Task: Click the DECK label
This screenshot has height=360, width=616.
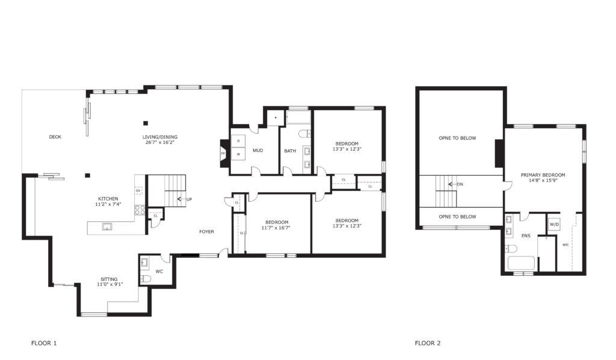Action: [55, 137]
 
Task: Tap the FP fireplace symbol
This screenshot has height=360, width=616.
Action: [223, 154]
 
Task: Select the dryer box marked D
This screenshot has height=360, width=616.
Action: [238, 141]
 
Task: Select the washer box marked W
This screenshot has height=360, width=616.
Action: [238, 154]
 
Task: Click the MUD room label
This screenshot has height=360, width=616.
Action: [257, 151]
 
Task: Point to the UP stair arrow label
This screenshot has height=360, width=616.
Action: [189, 199]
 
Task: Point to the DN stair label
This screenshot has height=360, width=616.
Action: [460, 184]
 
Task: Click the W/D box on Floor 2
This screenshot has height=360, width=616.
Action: [554, 225]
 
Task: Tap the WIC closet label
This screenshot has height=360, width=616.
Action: [565, 245]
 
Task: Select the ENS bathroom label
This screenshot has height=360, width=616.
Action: [526, 236]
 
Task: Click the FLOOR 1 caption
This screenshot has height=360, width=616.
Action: [44, 343]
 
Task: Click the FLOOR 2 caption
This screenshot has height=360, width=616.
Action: [428, 343]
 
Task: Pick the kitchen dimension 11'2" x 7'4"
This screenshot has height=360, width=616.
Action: [108, 204]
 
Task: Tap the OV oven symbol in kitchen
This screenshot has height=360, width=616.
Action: [138, 191]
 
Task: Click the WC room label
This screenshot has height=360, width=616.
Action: [159, 272]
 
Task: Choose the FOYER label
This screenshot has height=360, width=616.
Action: [207, 232]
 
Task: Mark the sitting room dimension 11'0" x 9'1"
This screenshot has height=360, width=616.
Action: [110, 284]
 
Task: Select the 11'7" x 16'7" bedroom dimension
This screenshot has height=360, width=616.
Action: [277, 228]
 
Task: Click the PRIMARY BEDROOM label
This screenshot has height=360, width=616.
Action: [543, 175]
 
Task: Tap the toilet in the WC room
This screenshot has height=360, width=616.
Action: [146, 279]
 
